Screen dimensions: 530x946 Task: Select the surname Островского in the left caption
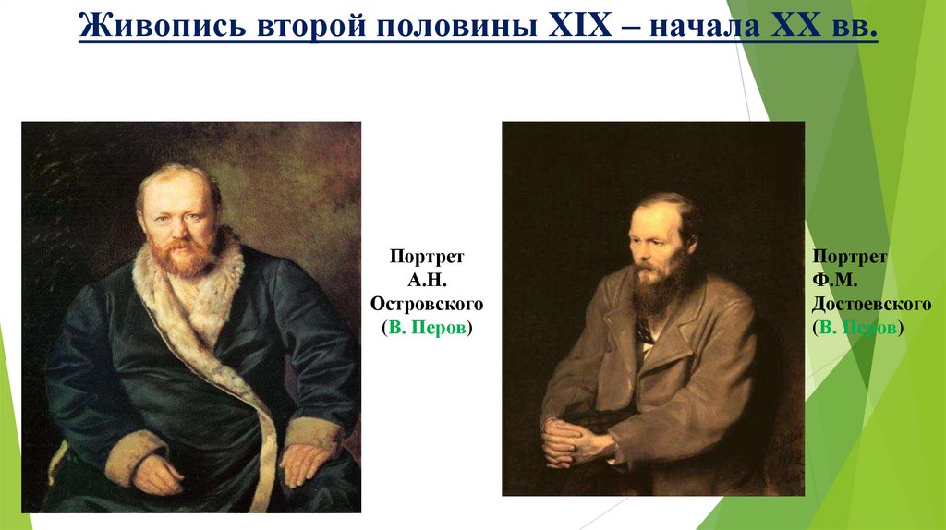pyautogui.click(x=427, y=304)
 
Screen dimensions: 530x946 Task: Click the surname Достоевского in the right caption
pyautogui.click(x=872, y=304)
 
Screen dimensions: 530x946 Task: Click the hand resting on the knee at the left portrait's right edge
pyautogui.click(x=306, y=461)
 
